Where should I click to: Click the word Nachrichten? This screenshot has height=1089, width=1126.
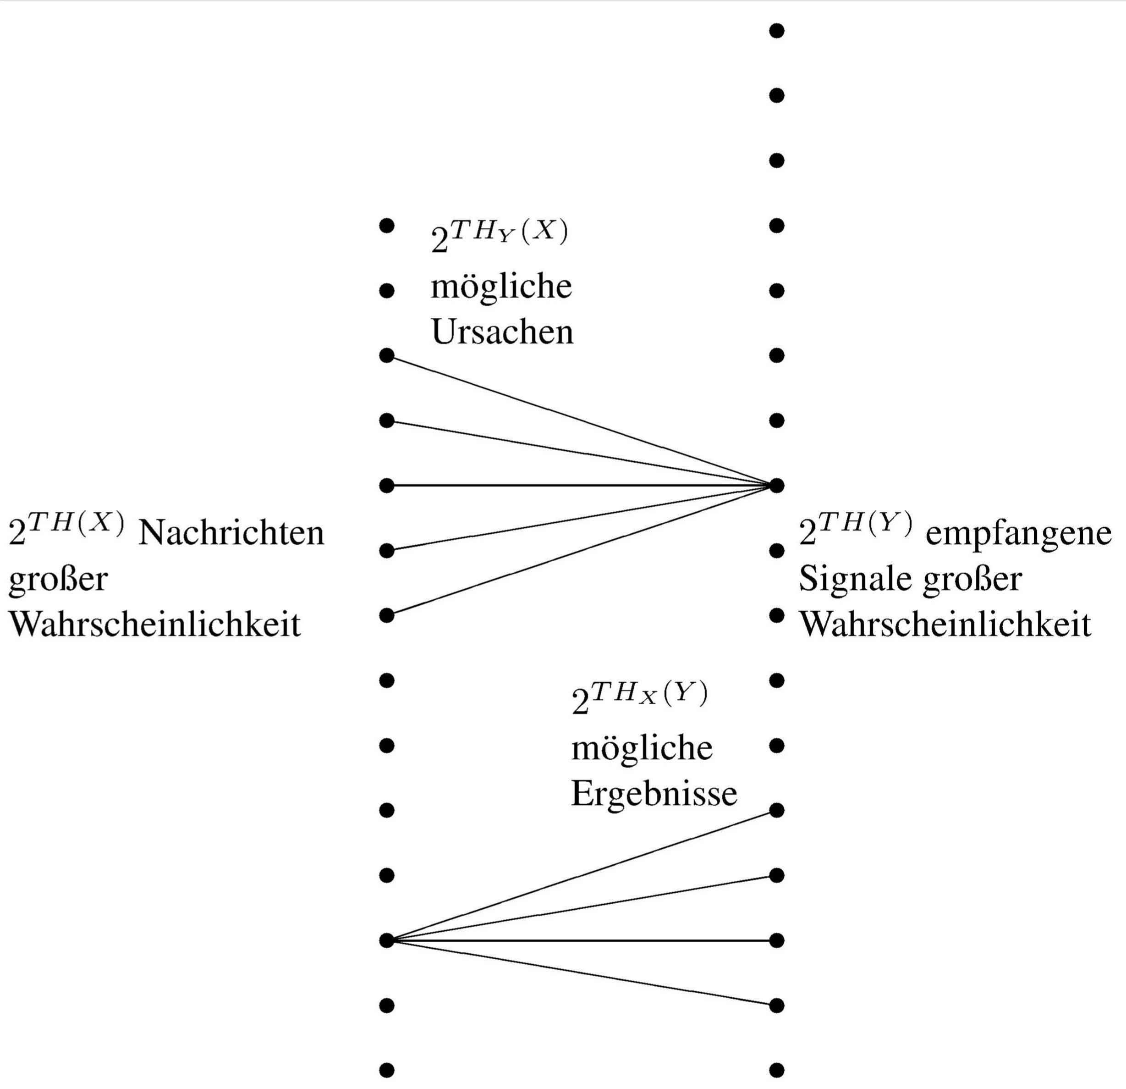(x=231, y=533)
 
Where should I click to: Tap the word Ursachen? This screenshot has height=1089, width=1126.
(x=502, y=332)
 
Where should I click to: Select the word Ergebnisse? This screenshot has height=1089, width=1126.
(x=654, y=794)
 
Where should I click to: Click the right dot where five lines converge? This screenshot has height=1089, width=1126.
(x=777, y=486)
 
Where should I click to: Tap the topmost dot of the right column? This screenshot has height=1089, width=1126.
(x=777, y=30)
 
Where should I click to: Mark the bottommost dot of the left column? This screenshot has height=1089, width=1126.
(x=387, y=1070)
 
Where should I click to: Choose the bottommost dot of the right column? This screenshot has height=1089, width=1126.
(x=777, y=1070)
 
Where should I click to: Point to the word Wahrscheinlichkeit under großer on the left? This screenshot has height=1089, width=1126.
(x=154, y=624)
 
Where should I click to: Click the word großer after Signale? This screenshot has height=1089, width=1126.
(x=972, y=579)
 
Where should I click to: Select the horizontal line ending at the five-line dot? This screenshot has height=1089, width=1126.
(x=580, y=486)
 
